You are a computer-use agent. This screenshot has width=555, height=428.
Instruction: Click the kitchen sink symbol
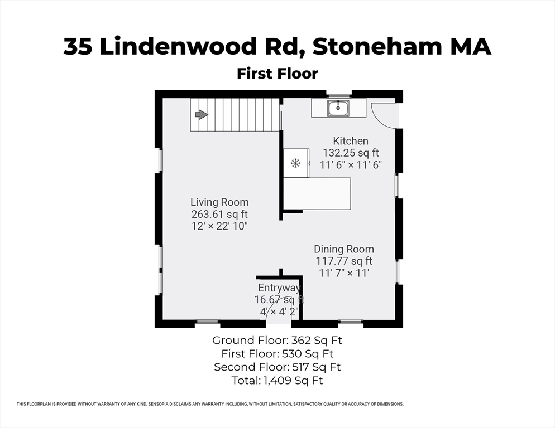click(338, 108)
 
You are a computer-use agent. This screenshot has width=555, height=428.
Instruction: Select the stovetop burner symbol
click(295, 163)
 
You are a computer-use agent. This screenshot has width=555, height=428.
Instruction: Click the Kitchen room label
click(351, 141)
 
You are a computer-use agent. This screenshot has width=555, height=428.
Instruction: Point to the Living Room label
click(219, 202)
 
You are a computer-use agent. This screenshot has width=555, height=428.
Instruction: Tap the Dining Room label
click(343, 249)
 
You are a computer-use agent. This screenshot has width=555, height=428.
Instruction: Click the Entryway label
click(279, 288)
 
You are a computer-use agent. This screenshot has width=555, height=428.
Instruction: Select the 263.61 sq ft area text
click(219, 214)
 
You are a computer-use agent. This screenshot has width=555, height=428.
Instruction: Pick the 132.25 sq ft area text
click(351, 153)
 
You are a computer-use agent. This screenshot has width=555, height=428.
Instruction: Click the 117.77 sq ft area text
click(343, 261)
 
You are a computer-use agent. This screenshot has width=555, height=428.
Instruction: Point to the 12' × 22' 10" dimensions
click(219, 226)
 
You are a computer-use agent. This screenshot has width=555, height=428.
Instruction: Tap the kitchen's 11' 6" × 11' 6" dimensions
click(351, 165)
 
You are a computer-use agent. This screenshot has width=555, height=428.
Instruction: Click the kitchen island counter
click(317, 193)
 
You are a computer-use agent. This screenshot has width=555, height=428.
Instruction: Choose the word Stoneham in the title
click(365, 47)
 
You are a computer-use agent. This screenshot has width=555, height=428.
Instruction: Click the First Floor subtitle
click(277, 74)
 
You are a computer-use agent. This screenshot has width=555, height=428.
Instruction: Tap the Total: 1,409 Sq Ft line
click(277, 381)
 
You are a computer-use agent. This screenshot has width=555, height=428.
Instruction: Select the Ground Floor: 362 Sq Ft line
click(281, 340)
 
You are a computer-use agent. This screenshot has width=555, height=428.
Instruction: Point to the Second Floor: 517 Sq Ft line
click(277, 367)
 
